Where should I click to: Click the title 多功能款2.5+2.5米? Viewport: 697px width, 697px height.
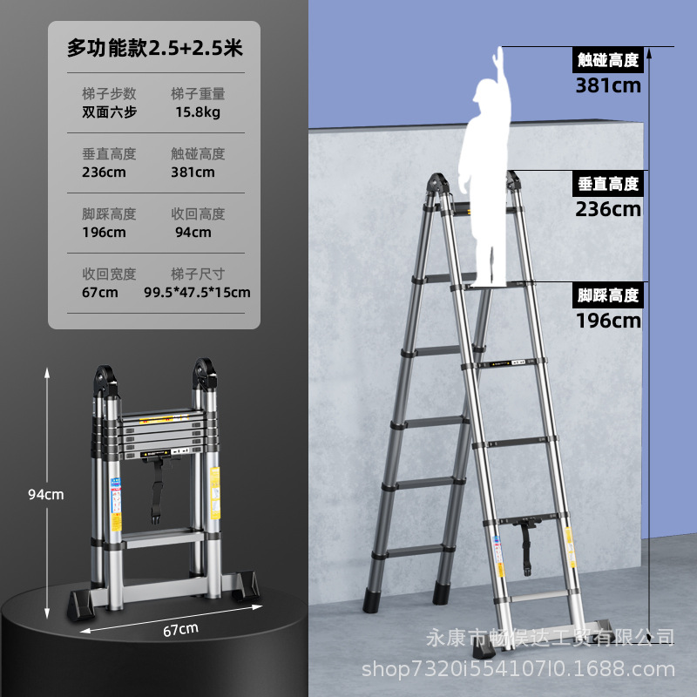pos(154,50)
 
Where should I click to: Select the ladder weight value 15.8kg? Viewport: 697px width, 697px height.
pos(197,112)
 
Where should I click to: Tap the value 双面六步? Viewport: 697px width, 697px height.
pos(110,112)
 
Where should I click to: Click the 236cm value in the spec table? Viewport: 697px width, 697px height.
pos(105,172)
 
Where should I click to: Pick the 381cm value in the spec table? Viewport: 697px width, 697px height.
pos(193,172)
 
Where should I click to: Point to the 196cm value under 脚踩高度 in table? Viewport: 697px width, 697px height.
pos(105,232)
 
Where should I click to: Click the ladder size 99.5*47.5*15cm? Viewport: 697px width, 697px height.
pos(197,292)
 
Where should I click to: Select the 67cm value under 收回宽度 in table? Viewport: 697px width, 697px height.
pos(100,292)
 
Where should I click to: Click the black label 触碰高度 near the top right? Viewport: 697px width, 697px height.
pos(608,60)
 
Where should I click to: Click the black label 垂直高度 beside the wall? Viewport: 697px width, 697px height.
pos(608,184)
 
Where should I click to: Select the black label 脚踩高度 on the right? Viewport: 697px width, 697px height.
pos(608,294)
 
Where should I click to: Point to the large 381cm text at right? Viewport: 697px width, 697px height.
pos(608,85)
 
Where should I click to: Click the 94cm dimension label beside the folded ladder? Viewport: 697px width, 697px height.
pos(46,494)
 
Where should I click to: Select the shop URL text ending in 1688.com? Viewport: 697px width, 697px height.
pos(518,668)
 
